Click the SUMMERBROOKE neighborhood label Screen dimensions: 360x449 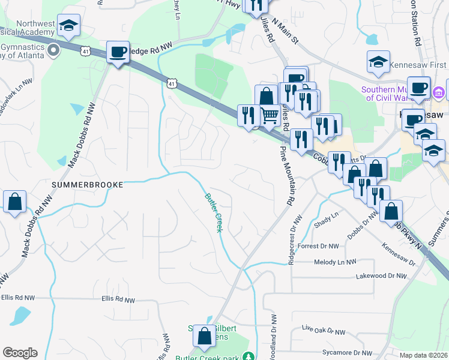pos(87,185)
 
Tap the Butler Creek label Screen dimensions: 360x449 pos(214,212)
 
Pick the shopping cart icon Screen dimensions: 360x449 pos(270,114)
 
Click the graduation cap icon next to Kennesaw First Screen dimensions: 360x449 pos(378,62)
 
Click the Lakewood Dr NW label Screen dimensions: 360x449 pos(381,276)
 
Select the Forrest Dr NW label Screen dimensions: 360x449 pos(318,246)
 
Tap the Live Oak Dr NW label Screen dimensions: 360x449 pos(324,331)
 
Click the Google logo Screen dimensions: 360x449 pos(20,353)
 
